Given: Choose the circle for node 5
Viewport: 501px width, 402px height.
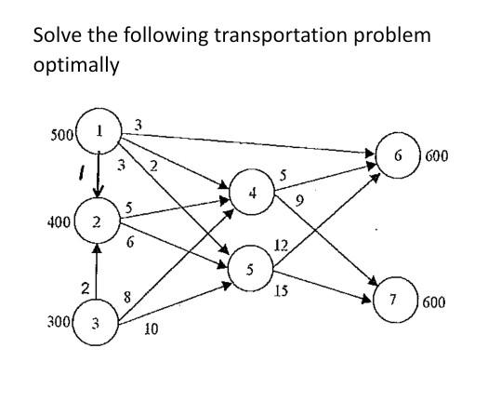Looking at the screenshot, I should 250,268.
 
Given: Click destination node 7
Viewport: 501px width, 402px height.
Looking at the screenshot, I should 394,302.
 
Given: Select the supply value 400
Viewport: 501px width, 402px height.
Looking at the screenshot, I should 58,222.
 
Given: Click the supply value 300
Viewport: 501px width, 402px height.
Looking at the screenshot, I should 59,322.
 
